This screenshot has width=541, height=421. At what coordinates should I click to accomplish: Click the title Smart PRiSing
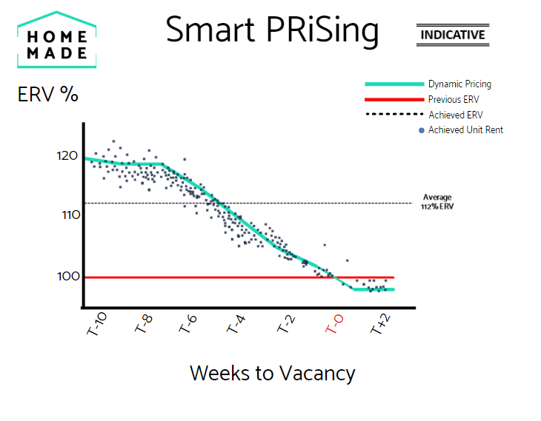[x=272, y=30]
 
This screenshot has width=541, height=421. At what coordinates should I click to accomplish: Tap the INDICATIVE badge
[x=452, y=35]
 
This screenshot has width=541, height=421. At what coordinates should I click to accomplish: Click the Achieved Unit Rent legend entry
[x=465, y=130]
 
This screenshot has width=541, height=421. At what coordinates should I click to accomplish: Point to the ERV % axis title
[x=48, y=96]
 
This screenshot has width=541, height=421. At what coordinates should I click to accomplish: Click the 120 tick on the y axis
[x=67, y=156]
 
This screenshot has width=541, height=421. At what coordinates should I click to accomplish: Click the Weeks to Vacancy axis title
[x=272, y=373]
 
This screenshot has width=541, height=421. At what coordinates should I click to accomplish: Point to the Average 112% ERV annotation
[x=437, y=202]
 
